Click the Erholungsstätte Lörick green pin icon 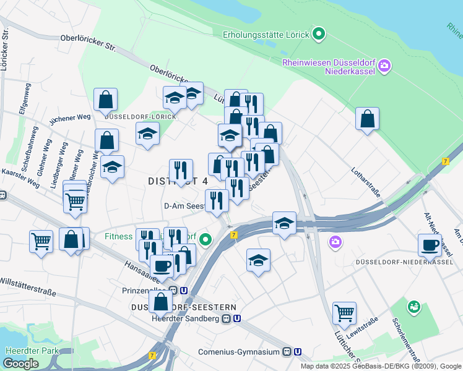(x=319, y=33)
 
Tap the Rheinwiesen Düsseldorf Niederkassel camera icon (x=384, y=65)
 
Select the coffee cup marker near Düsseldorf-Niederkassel (x=430, y=245)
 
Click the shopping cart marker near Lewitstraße (x=344, y=313)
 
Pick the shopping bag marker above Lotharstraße (x=367, y=119)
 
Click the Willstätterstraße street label (x=28, y=288)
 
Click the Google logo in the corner (x=20, y=364)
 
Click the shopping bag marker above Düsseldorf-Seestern (x=161, y=302)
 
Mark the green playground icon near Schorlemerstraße (x=413, y=306)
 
